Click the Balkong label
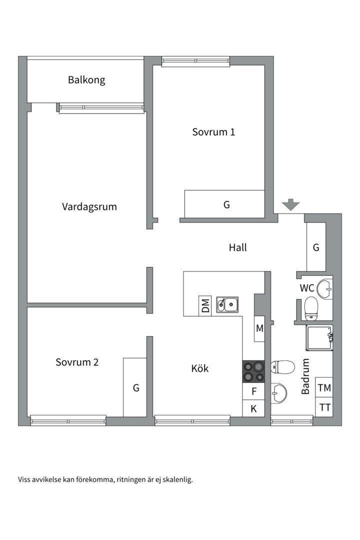coord(86,79)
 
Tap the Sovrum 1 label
coord(213,132)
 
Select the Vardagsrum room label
coord(89,206)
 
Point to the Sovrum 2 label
coord(77,362)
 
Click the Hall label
coord(238,247)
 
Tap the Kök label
coord(200,368)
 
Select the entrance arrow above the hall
coord(290,204)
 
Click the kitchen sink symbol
coord(227,304)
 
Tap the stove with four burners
coord(253,371)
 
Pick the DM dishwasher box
coord(205,305)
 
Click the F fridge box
coord(254,391)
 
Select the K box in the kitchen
coord(253,408)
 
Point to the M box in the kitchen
coord(259,328)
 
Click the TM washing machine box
coord(324,387)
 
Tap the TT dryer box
coord(324,407)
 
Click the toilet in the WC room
coord(311,307)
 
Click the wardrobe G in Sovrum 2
coord(135,387)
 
